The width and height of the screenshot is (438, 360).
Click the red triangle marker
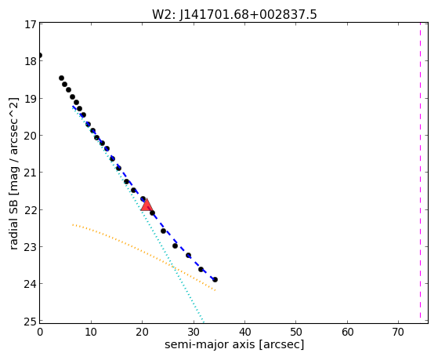[x=147, y=205]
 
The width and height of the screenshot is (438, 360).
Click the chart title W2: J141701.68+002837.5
[x=234, y=15]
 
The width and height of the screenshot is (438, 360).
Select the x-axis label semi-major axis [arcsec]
[x=234, y=344]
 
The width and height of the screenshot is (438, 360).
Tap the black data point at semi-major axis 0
[x=40, y=55]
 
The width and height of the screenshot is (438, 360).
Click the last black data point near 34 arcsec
[x=215, y=279]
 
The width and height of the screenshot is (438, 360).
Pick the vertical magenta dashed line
[x=420, y=171]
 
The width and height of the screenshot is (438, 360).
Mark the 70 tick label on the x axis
[x=398, y=332]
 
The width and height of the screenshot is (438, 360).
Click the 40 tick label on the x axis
[x=244, y=332]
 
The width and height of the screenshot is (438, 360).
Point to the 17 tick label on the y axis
[x=31, y=24]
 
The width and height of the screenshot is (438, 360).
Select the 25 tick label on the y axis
[x=31, y=322]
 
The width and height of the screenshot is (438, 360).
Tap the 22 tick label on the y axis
[x=31, y=210]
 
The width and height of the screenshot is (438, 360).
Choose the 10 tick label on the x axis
[x=91, y=332]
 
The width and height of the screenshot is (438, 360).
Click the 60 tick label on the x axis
[x=347, y=332]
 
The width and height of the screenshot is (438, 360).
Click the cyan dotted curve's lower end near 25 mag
[x=204, y=322]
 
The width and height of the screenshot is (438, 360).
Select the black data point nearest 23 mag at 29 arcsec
[x=188, y=255]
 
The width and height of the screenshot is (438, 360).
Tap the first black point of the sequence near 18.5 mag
[x=61, y=78]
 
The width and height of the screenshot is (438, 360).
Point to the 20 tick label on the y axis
[x=31, y=136]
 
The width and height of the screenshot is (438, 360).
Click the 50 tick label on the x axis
[x=296, y=332]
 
